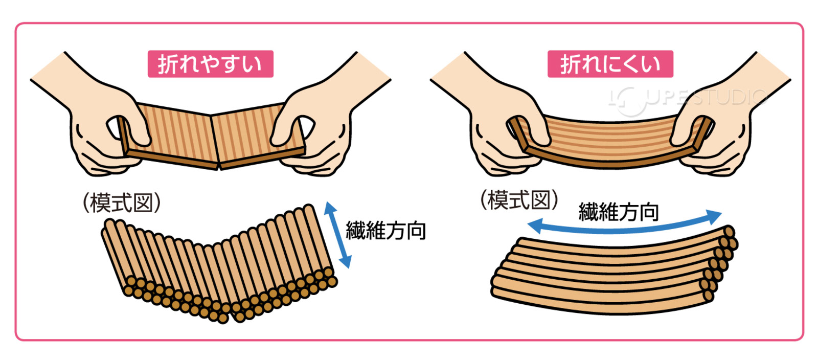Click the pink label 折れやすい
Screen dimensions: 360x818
click(210, 64)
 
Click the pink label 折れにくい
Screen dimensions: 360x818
click(610, 64)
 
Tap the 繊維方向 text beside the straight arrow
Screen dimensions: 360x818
click(386, 231)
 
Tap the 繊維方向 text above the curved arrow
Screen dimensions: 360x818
click(619, 212)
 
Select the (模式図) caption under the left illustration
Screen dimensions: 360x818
click(122, 202)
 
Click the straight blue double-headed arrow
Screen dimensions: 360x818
click(338, 235)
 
